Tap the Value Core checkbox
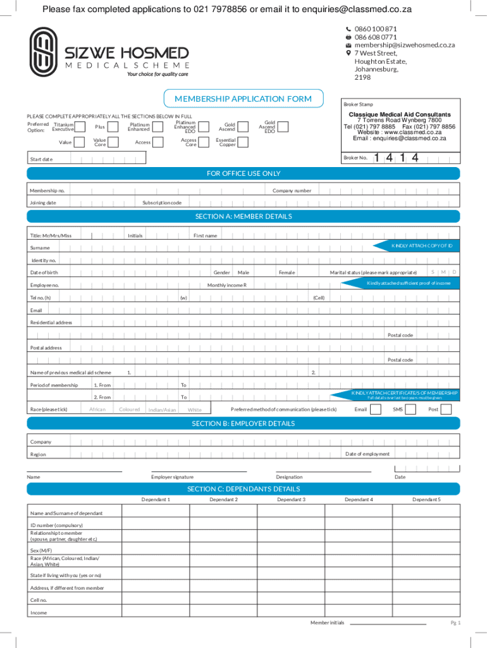click(x=118, y=142)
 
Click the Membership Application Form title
click(x=243, y=99)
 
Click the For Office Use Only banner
click(x=243, y=173)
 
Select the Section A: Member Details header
click(x=243, y=216)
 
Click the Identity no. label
click(x=44, y=260)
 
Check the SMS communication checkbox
click(x=410, y=409)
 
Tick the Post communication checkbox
click(x=446, y=409)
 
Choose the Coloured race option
click(x=129, y=409)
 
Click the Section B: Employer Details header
click(x=243, y=423)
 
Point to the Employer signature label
click(x=172, y=477)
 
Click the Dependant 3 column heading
click(x=291, y=499)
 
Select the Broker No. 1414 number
click(x=396, y=158)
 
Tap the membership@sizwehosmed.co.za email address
click(x=404, y=45)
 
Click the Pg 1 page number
click(x=455, y=623)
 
